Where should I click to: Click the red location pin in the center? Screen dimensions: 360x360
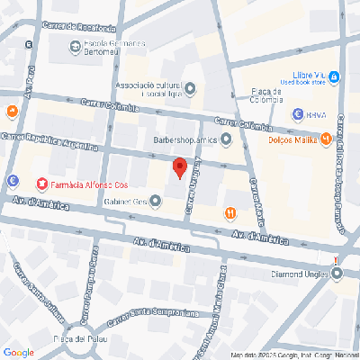tap(179, 167)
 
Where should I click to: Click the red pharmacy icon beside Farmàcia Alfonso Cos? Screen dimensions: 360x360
tap(41, 184)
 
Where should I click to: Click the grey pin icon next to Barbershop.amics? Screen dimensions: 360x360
tap(227, 139)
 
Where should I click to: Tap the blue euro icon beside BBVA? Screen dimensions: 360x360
tap(298, 114)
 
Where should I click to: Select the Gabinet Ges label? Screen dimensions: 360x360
tap(128, 202)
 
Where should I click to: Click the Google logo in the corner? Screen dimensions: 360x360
tap(18, 352)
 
